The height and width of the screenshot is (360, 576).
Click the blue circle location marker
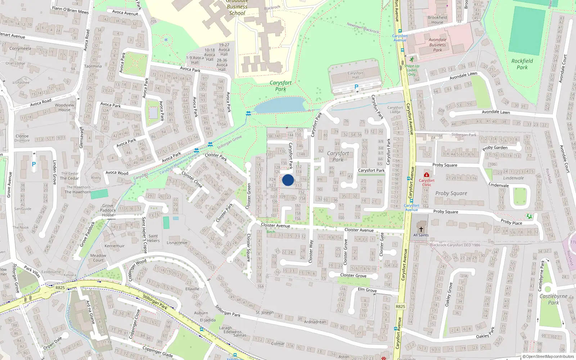coord(288,180)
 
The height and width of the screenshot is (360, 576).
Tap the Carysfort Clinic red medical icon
coord(427,175)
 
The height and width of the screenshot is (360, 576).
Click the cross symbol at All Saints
coord(421,229)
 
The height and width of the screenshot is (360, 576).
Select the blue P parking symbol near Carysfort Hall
coord(356,87)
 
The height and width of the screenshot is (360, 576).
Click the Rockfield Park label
coord(522,64)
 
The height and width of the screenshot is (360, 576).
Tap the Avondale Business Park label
coord(437,45)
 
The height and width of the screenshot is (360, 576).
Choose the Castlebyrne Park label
coord(553,299)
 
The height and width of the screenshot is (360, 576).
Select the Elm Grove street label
coord(367,290)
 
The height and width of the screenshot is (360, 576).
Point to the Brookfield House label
coord(437,20)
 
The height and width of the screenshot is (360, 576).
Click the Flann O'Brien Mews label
coord(70,10)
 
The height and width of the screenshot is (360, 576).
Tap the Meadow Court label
coord(98,258)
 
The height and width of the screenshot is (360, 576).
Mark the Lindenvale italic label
coord(513,178)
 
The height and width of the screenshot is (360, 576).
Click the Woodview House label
coord(64,108)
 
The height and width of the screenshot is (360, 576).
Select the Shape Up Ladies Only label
coord(412,70)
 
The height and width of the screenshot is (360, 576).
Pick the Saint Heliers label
coord(153,238)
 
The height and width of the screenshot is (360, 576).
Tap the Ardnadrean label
coord(315,322)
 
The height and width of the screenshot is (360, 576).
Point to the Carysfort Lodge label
coord(395,110)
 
